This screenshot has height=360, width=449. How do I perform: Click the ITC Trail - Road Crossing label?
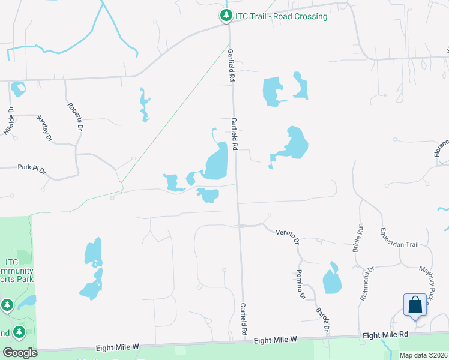(282, 16)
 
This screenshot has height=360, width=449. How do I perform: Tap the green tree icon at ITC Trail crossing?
(226, 16)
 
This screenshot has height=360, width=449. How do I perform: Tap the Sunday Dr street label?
(44, 128)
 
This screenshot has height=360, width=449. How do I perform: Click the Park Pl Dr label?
(31, 170)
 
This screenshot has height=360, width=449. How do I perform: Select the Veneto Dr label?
(288, 236)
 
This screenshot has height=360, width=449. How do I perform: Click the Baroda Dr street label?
(323, 320)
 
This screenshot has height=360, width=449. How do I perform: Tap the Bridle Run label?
(360, 236)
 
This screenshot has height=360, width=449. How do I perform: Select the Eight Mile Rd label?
(386, 334)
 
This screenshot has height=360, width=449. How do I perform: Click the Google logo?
(20, 353)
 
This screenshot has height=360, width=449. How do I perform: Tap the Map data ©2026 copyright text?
(423, 355)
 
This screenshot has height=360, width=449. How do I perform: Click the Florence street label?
(441, 148)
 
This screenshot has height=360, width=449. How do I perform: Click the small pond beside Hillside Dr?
(18, 89)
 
